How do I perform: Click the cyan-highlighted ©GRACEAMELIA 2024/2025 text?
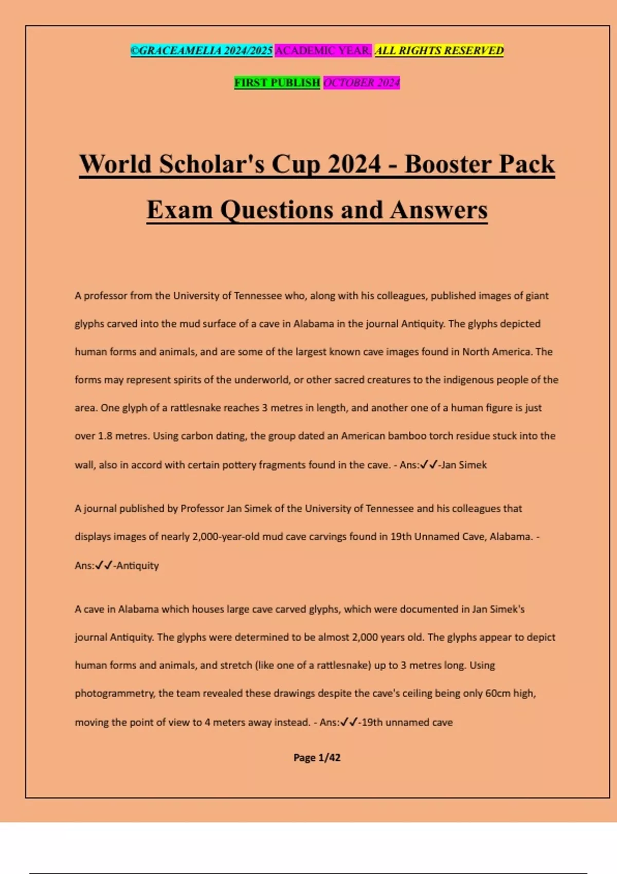coord(201,50)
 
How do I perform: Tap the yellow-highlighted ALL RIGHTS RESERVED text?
coord(439,50)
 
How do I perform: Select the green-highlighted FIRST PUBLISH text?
coord(277,83)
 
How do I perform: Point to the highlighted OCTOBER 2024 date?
coord(361,83)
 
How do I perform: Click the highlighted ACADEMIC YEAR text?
coord(323,50)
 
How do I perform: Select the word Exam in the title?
coord(179,210)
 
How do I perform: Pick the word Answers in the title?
coord(438,210)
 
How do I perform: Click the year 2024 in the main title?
coord(355,165)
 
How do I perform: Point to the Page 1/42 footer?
coord(317,757)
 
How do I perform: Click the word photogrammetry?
coord(114,694)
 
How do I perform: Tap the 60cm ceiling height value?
coord(498,694)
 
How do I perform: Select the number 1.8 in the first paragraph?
coord(105,436)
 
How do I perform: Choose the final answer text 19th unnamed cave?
coord(407,722)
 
